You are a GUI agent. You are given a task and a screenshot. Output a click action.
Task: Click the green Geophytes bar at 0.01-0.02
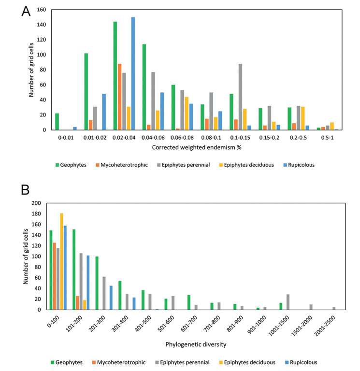click(86, 91)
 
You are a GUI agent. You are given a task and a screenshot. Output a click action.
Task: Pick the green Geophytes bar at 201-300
click(97, 283)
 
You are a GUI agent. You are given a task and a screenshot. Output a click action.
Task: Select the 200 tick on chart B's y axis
click(36, 203)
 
